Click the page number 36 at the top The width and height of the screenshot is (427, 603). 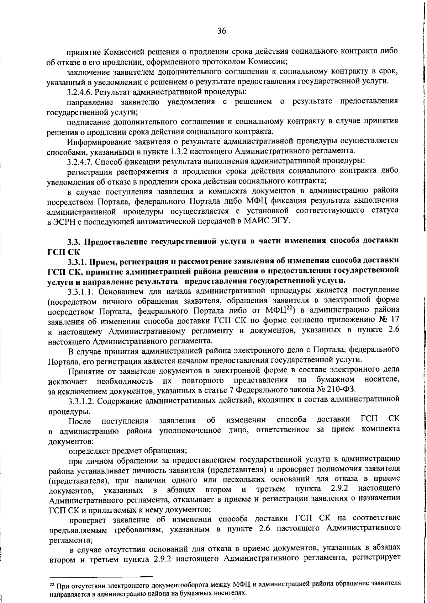222,31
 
